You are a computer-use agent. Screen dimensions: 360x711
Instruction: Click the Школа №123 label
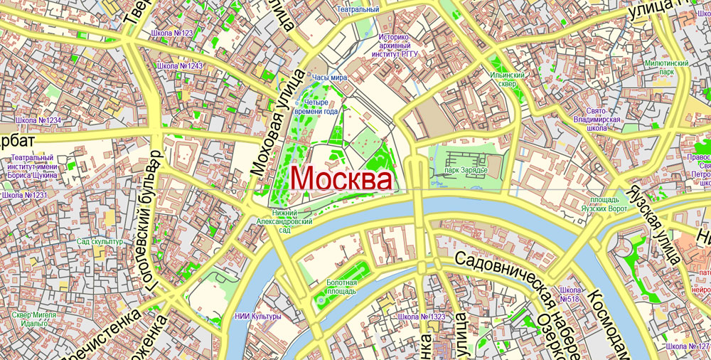[172, 33]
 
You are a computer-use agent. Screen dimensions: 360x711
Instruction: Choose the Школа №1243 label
[180, 66]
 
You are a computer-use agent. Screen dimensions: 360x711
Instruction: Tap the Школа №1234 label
[38, 120]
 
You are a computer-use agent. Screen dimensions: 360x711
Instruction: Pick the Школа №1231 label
[24, 195]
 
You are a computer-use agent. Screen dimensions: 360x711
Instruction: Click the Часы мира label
[329, 77]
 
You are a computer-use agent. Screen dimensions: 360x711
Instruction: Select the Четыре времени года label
[321, 107]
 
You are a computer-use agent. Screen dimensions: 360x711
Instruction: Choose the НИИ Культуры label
[257, 316]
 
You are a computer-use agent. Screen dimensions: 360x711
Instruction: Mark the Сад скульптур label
[100, 242]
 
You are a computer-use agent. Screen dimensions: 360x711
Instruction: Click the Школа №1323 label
[422, 316]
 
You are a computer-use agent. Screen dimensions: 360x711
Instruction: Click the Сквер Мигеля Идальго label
[30, 319]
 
